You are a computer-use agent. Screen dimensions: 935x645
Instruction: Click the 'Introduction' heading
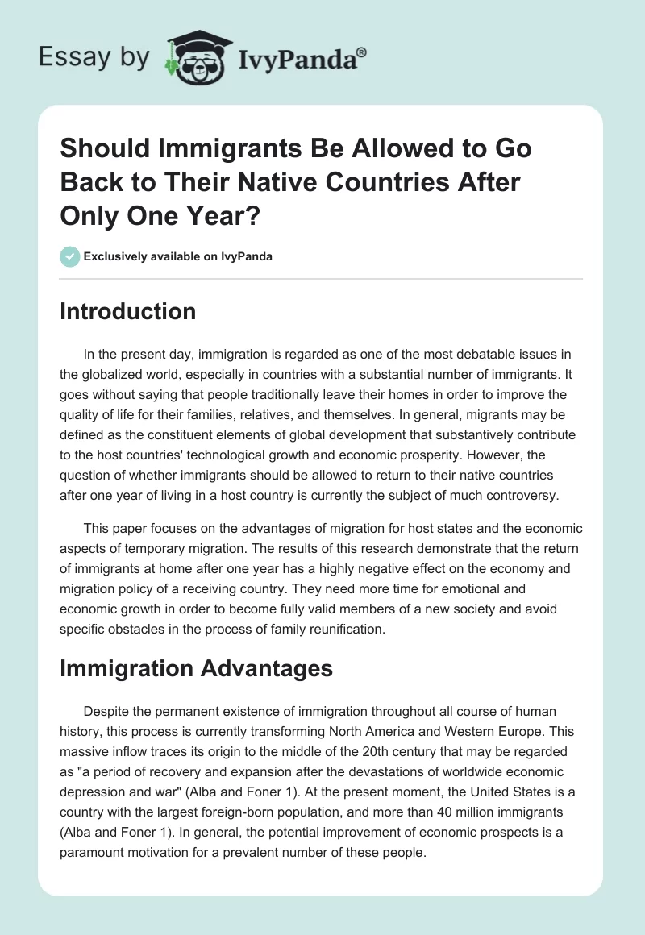tap(127, 311)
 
